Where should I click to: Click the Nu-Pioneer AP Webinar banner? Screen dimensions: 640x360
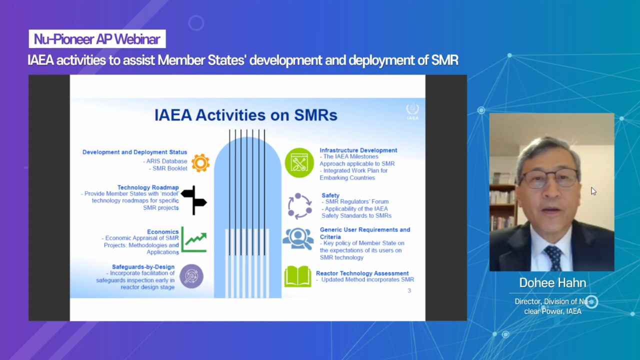(97, 39)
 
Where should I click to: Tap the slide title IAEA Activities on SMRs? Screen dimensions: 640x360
(246, 115)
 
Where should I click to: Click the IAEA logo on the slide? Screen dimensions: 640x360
(412, 111)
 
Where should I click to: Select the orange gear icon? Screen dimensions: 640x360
(200, 163)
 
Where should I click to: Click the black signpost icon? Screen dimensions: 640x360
(194, 200)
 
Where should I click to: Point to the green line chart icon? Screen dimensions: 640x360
(194, 239)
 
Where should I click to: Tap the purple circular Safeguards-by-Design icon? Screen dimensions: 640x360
(191, 276)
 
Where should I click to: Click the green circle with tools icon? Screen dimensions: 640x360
(299, 163)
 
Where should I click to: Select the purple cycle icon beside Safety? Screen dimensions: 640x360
(299, 206)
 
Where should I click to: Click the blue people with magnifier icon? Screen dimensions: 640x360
(298, 239)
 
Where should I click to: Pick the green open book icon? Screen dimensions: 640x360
(297, 276)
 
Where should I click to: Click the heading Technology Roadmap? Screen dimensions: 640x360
(148, 187)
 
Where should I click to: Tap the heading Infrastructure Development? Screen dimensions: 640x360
(358, 150)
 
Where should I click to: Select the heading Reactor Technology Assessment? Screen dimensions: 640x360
(362, 273)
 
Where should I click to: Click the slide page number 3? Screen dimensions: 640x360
(409, 290)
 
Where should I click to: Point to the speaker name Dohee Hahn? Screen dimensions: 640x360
(552, 282)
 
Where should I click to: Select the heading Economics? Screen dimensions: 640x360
(163, 231)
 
